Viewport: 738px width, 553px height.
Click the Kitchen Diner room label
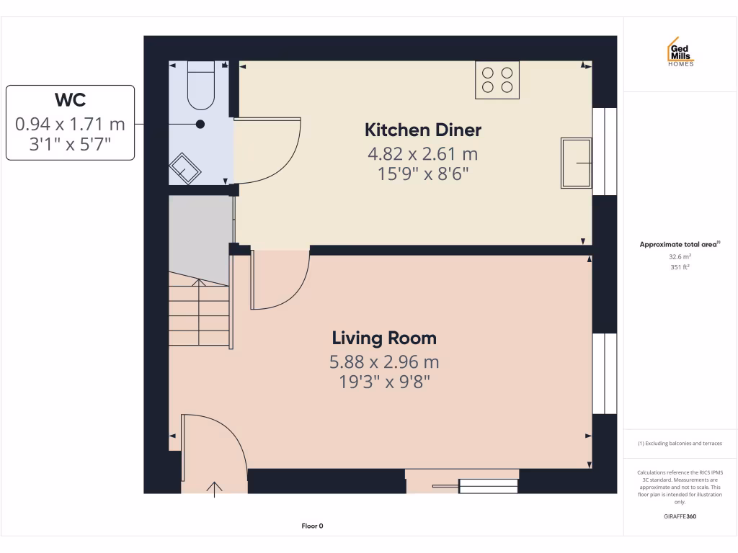[423, 130]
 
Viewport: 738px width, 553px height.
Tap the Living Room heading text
[384, 338]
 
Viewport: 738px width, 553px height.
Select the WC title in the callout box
[70, 99]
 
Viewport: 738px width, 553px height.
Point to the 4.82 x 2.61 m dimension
[423, 153]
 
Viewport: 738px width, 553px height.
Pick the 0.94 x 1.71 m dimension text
[70, 124]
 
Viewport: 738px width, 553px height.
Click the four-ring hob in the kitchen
[497, 79]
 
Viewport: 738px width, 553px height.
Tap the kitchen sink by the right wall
[576, 163]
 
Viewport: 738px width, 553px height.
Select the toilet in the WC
[201, 84]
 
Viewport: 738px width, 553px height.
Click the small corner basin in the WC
[186, 168]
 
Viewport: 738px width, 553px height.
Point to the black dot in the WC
[200, 124]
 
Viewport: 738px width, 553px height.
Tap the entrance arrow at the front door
[214, 487]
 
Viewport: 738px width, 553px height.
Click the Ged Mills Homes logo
[680, 53]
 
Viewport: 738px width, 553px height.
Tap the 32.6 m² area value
[680, 256]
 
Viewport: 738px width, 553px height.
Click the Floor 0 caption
[312, 526]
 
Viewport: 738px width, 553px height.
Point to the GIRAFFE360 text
[680, 516]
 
